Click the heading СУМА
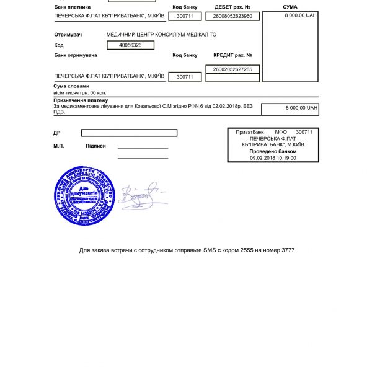[x=290, y=7]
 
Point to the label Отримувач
[x=68, y=35]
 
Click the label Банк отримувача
[x=76, y=55]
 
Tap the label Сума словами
[x=72, y=86]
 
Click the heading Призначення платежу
[x=81, y=100]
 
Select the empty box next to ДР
[x=129, y=133]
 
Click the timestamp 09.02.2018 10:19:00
[x=273, y=158]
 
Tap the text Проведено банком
[x=273, y=151]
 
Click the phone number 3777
[x=288, y=250]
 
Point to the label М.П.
[x=59, y=146]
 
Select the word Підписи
[x=95, y=146]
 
